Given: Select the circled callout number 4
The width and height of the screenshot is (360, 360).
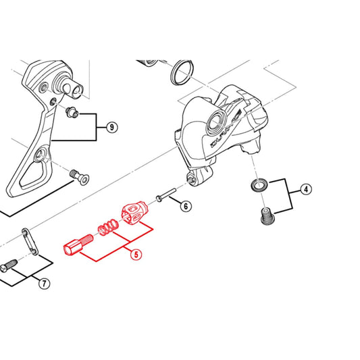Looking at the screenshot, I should click(307, 190).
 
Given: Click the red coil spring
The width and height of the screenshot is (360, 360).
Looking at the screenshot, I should click(105, 230).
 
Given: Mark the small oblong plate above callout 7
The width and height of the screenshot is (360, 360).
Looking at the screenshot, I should click(30, 241).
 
